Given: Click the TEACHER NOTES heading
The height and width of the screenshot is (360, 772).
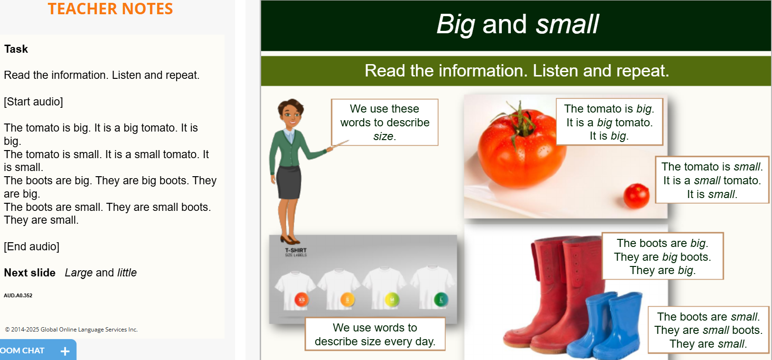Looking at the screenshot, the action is tap(110, 9).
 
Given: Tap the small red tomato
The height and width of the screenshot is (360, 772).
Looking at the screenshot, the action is tap(636, 196).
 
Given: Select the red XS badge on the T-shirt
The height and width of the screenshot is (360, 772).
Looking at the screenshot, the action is tap(301, 299).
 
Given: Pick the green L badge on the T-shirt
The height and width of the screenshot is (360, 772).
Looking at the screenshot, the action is tap(441, 299).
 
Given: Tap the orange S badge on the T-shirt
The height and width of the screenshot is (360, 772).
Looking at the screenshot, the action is tap(347, 299).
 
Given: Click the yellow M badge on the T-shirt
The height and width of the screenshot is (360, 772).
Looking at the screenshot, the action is tap(392, 299).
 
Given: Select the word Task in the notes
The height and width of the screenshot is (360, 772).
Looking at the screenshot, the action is tap(16, 49).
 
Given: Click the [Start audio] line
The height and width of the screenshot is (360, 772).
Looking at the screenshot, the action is tap(33, 102).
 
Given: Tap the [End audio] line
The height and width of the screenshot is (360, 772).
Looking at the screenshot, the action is tap(32, 246).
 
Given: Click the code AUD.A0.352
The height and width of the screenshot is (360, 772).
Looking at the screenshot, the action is tap(18, 295).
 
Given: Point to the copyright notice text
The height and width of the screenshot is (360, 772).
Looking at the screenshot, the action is tap(71, 330).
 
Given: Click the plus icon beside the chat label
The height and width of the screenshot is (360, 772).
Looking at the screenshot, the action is tap(65, 351).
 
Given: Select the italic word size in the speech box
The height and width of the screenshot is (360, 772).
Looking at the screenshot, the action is tap(383, 136).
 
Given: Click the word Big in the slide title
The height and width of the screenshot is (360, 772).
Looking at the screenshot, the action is tap(456, 25).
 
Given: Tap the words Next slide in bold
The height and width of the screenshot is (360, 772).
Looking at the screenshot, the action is tap(29, 273).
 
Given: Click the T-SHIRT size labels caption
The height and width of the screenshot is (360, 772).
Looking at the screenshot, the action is tap(296, 252).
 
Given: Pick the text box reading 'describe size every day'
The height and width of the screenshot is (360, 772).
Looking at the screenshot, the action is tap(375, 334).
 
